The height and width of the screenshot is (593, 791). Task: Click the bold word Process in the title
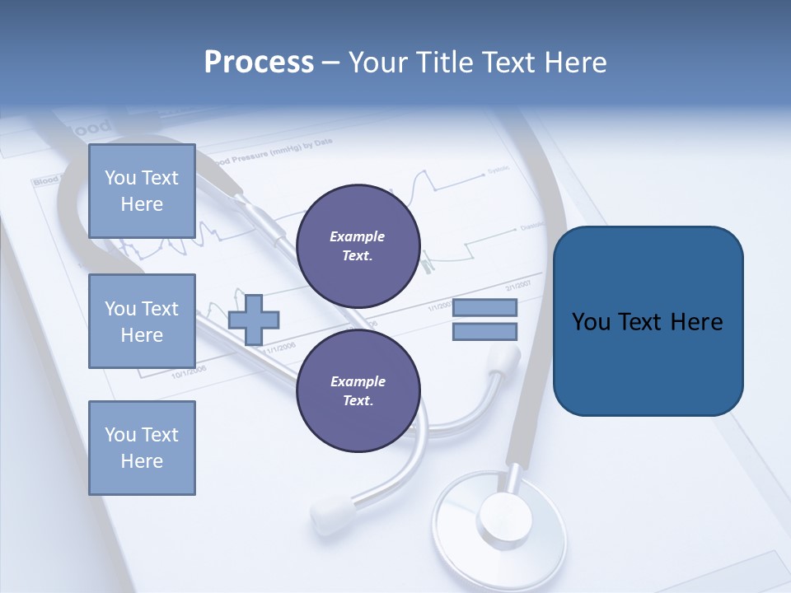(259, 62)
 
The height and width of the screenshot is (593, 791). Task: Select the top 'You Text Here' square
(142, 191)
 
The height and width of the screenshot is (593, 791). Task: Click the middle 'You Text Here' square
(142, 321)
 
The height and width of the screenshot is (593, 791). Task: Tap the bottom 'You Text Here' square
(142, 447)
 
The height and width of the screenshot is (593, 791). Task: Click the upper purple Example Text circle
(358, 245)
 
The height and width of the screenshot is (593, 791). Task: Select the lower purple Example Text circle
(358, 390)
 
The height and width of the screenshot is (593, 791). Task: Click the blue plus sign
(254, 317)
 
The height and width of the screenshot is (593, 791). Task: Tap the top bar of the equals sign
(484, 308)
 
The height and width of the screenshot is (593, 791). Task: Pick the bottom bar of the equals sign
(484, 332)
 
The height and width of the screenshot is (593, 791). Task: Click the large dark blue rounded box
(648, 320)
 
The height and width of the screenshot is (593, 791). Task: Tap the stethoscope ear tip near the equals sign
(504, 360)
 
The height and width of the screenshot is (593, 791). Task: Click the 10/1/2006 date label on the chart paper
(189, 371)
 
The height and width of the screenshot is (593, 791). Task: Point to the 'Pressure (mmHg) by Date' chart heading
(276, 153)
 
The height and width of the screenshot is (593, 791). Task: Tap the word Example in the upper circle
(358, 236)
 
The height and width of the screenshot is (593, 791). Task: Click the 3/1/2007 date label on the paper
(517, 286)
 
